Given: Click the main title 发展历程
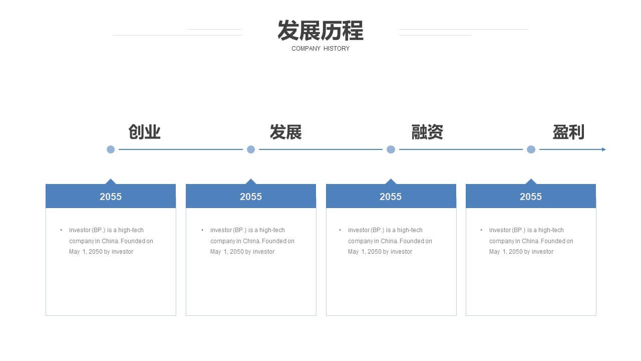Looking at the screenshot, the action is click(320, 31).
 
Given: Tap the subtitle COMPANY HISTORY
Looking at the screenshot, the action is click(320, 49).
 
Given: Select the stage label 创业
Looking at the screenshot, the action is click(144, 132).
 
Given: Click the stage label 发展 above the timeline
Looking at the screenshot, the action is click(285, 132).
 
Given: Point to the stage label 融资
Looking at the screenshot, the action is click(427, 132).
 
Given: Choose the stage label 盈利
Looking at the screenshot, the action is click(568, 132).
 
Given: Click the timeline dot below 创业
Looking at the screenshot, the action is click(111, 149).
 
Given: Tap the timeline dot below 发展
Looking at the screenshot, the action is click(251, 149).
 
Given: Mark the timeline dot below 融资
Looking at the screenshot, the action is click(391, 149).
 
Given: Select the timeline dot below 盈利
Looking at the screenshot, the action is click(531, 149).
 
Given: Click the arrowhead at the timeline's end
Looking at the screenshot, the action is click(604, 149).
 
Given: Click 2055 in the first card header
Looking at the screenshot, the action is click(111, 197).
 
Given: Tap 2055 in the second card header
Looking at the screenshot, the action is click(251, 197).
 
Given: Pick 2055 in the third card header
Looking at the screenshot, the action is click(391, 197).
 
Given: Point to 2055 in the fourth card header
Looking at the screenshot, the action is click(531, 197).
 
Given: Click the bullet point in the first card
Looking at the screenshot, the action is click(61, 230).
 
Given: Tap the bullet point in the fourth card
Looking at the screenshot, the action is click(481, 230).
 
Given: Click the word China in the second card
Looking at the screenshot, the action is click(251, 241).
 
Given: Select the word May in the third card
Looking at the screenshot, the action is click(353, 252).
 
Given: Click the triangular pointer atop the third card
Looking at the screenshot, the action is click(391, 182).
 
